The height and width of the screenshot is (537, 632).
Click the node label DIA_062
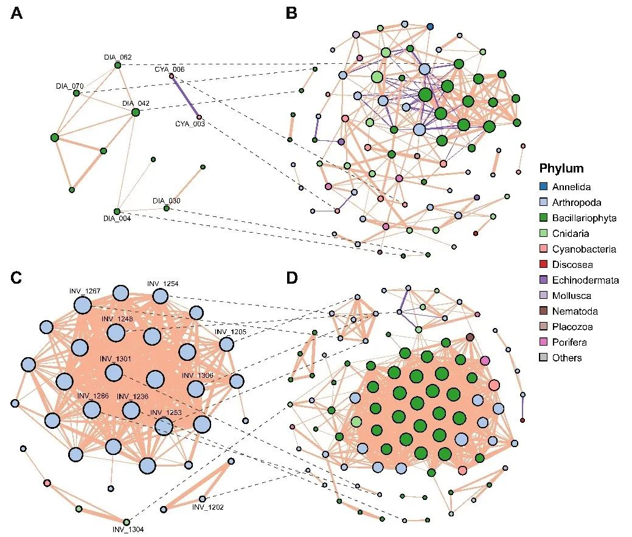(117, 57)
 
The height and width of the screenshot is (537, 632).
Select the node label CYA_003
(190, 124)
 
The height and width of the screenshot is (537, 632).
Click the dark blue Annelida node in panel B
(430, 27)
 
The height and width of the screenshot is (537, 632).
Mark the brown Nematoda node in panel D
(470, 337)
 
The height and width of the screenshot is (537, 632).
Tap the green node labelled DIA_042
(135, 112)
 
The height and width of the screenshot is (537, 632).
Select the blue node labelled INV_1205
(226, 344)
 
